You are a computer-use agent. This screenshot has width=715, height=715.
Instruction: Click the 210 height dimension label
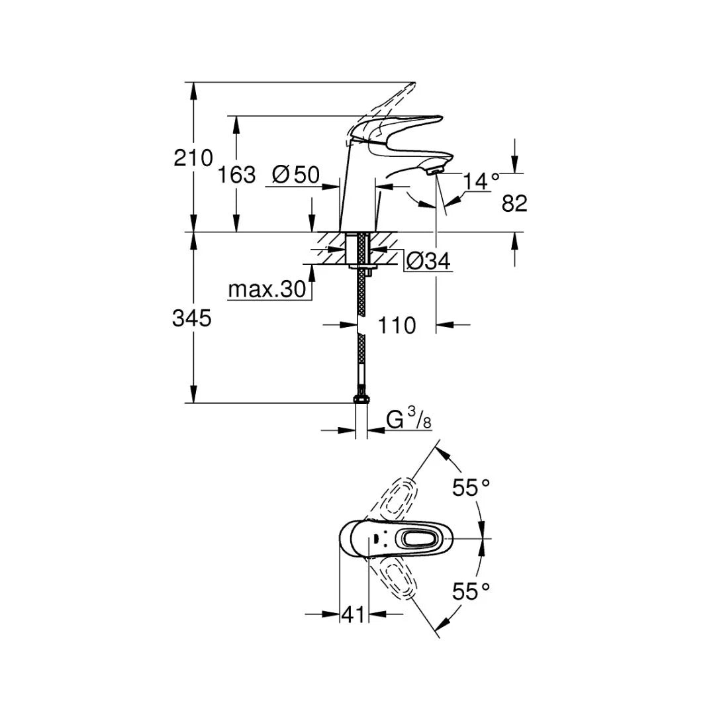[193, 158]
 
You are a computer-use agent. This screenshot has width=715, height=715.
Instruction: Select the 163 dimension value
[236, 175]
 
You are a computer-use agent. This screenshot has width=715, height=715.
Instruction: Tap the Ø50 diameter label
[296, 175]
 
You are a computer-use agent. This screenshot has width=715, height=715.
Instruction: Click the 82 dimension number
[514, 204]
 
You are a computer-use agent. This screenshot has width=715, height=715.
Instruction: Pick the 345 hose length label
[192, 318]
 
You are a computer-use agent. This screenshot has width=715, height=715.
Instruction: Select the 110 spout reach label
[397, 325]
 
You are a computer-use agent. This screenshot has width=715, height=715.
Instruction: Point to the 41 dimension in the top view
[353, 615]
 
